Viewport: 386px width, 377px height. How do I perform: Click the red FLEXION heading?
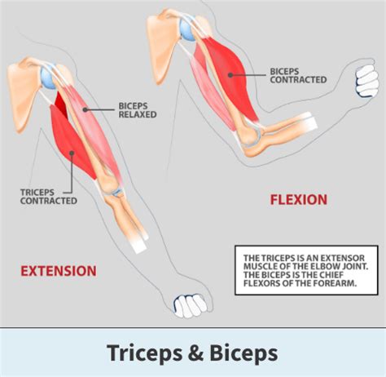[298, 199]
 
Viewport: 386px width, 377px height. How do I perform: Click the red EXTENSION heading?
[58, 270]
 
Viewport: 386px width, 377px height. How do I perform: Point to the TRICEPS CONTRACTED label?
[49, 196]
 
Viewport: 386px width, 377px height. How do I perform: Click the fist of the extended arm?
[190, 305]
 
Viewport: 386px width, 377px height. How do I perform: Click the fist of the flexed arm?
[366, 81]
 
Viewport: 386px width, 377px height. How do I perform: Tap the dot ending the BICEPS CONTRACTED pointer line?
[230, 74]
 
